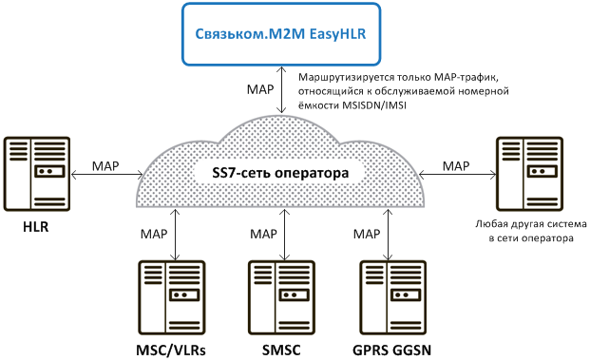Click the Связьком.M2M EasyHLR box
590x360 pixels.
pyautogui.click(x=281, y=34)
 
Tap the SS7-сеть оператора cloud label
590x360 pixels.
pyautogui.click(x=280, y=173)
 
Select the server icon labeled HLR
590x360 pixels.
pyautogui.click(x=37, y=174)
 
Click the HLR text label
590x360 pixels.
pyautogui.click(x=36, y=227)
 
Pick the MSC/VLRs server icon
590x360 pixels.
pyautogui.click(x=172, y=297)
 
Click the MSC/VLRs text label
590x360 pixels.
pyautogui.click(x=171, y=351)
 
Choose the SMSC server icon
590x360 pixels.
pyautogui.click(x=281, y=297)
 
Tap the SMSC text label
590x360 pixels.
pyautogui.click(x=281, y=351)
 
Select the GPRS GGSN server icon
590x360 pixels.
pyautogui.click(x=393, y=297)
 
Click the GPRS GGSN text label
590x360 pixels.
pyautogui.click(x=391, y=351)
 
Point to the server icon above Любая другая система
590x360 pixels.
pyautogui.click(x=529, y=174)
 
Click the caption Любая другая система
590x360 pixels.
pyautogui.click(x=531, y=224)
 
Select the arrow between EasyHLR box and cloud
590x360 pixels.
pyautogui.click(x=281, y=90)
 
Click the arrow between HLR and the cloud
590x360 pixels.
pyautogui.click(x=106, y=175)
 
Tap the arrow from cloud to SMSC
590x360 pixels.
pyautogui.click(x=284, y=235)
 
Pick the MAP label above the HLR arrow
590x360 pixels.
pyautogui.click(x=105, y=166)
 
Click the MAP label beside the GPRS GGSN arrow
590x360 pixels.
pyautogui.click(x=367, y=234)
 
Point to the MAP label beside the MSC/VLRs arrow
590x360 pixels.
pyautogui.click(x=154, y=234)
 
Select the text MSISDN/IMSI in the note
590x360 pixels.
pyautogui.click(x=374, y=105)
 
